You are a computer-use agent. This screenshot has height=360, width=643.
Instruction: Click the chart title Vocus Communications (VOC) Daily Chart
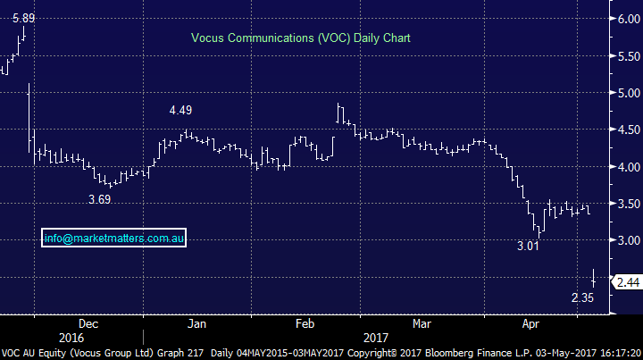[300, 38]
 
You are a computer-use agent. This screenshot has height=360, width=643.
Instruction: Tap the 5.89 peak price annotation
[23, 17]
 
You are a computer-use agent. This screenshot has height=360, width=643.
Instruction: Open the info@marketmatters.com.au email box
[113, 239]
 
